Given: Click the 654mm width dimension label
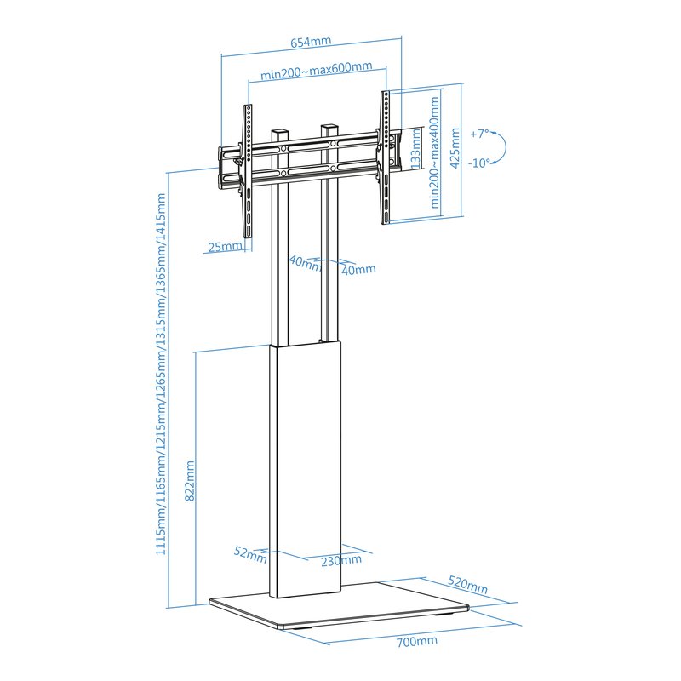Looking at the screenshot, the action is click(311, 42).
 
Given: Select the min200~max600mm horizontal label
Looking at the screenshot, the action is click(316, 70).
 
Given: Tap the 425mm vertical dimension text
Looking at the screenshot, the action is click(455, 148).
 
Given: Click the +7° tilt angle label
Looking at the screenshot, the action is click(479, 134).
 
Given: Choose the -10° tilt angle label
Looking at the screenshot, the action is click(479, 163).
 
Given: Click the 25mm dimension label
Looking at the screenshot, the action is click(225, 247).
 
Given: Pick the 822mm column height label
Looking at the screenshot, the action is click(190, 481).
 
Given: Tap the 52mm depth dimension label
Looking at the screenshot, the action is click(250, 554).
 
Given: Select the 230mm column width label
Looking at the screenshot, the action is click(341, 560).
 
